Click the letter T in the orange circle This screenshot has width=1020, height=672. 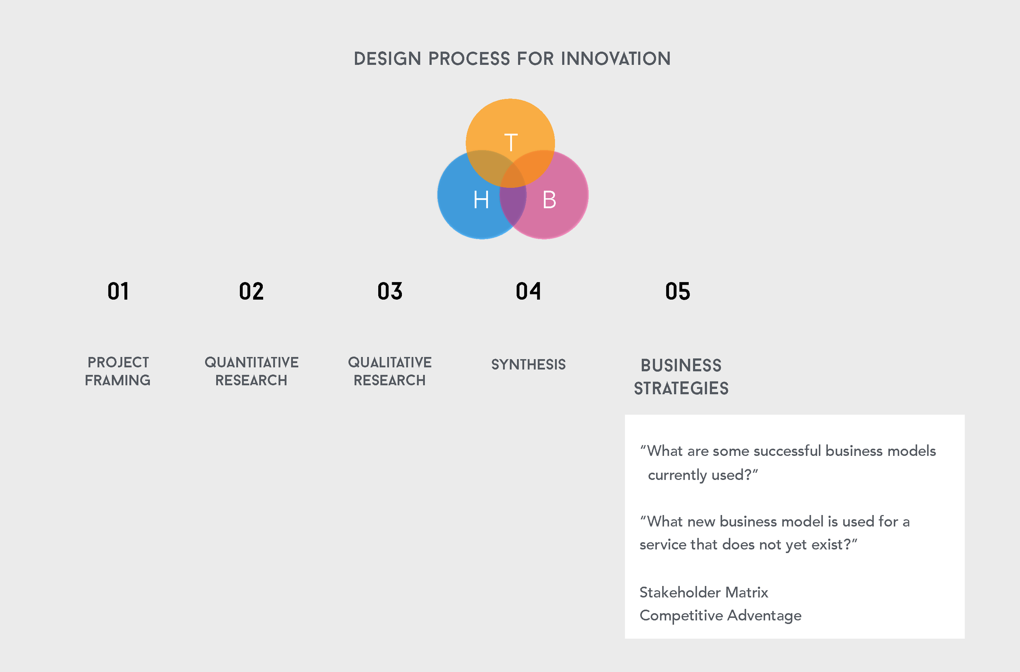point(511,143)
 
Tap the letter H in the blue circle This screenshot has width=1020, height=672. point(481,200)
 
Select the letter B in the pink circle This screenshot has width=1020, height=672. point(549,200)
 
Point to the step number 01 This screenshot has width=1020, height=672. point(118,292)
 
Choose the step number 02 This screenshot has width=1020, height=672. point(251,292)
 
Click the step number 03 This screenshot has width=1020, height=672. point(390,292)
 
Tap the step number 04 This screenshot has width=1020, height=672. point(528,292)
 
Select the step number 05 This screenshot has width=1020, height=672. point(677,292)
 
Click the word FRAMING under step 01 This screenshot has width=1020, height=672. point(118,380)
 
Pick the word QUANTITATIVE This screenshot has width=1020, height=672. point(251,363)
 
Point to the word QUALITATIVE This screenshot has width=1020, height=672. point(390,363)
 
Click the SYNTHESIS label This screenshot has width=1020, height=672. point(528,365)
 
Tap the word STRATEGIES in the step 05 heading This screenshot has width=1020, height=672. point(681,388)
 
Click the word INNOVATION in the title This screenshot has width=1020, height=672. point(616,59)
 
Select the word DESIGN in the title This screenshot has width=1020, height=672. point(387,59)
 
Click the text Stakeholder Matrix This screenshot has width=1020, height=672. point(703,592)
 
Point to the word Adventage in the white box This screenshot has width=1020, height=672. point(764,615)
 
